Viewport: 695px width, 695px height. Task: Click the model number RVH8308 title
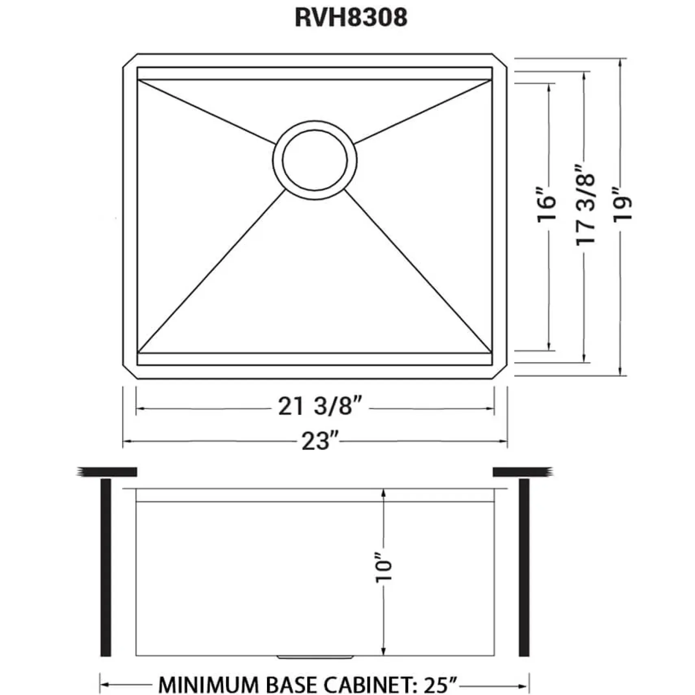tap(351, 18)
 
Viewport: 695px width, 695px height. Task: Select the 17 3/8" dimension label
tap(586, 204)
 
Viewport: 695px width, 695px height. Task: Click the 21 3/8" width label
tap(319, 406)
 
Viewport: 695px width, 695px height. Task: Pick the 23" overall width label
tap(320, 441)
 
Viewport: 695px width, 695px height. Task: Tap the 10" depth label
tap(384, 566)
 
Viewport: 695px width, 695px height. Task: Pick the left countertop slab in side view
tap(106, 472)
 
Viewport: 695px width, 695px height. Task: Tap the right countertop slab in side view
tap(523, 472)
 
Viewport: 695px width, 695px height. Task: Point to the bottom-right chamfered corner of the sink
tap(500, 371)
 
